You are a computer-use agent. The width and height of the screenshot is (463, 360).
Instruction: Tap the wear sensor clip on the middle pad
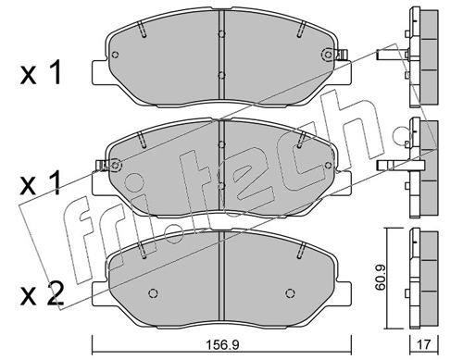coord(114,166)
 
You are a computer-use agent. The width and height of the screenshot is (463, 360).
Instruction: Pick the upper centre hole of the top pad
coord(220,32)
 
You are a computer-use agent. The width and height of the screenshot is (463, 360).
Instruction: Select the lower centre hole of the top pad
coord(220,76)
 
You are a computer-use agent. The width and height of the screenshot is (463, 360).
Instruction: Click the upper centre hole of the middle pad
coord(220,143)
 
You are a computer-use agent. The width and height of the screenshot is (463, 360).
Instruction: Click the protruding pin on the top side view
coord(390,57)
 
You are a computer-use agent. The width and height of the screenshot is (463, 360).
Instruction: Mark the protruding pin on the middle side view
coord(390,167)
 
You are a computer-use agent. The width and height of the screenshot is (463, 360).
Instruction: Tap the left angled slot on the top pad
coord(144,31)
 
